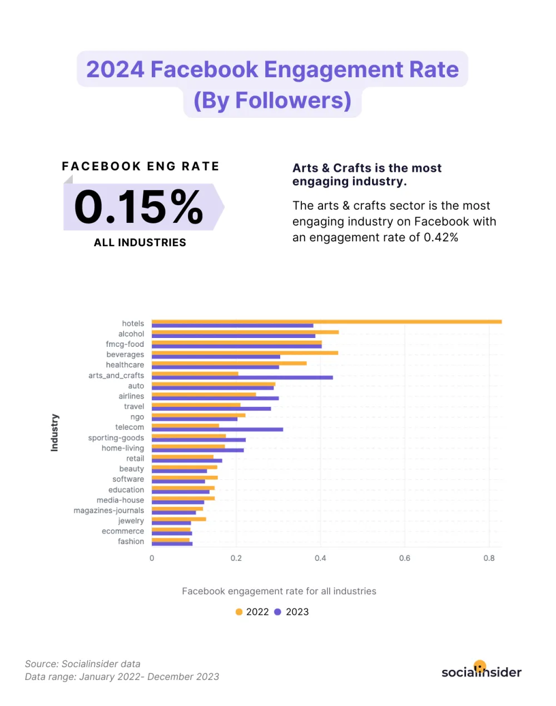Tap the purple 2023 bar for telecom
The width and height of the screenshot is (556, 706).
click(x=217, y=429)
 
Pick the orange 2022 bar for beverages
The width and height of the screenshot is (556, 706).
click(x=245, y=352)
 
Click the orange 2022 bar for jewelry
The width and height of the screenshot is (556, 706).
click(x=178, y=519)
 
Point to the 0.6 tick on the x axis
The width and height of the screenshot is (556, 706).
click(x=405, y=558)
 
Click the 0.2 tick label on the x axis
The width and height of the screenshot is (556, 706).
click(x=236, y=558)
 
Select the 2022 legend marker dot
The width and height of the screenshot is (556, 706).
click(x=239, y=611)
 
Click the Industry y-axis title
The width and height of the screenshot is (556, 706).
click(x=54, y=432)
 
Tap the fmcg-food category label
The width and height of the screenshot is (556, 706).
click(x=125, y=344)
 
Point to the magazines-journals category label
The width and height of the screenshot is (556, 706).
click(x=108, y=510)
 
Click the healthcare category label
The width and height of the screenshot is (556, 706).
click(x=125, y=365)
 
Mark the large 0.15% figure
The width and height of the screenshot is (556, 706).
click(x=139, y=207)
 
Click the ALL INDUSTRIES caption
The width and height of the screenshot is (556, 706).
click(x=140, y=242)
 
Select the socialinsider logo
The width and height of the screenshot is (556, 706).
click(x=481, y=671)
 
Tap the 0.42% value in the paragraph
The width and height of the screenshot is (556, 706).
click(x=441, y=237)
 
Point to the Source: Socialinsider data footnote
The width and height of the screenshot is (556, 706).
click(x=83, y=664)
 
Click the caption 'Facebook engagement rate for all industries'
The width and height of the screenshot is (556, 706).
click(x=279, y=591)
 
